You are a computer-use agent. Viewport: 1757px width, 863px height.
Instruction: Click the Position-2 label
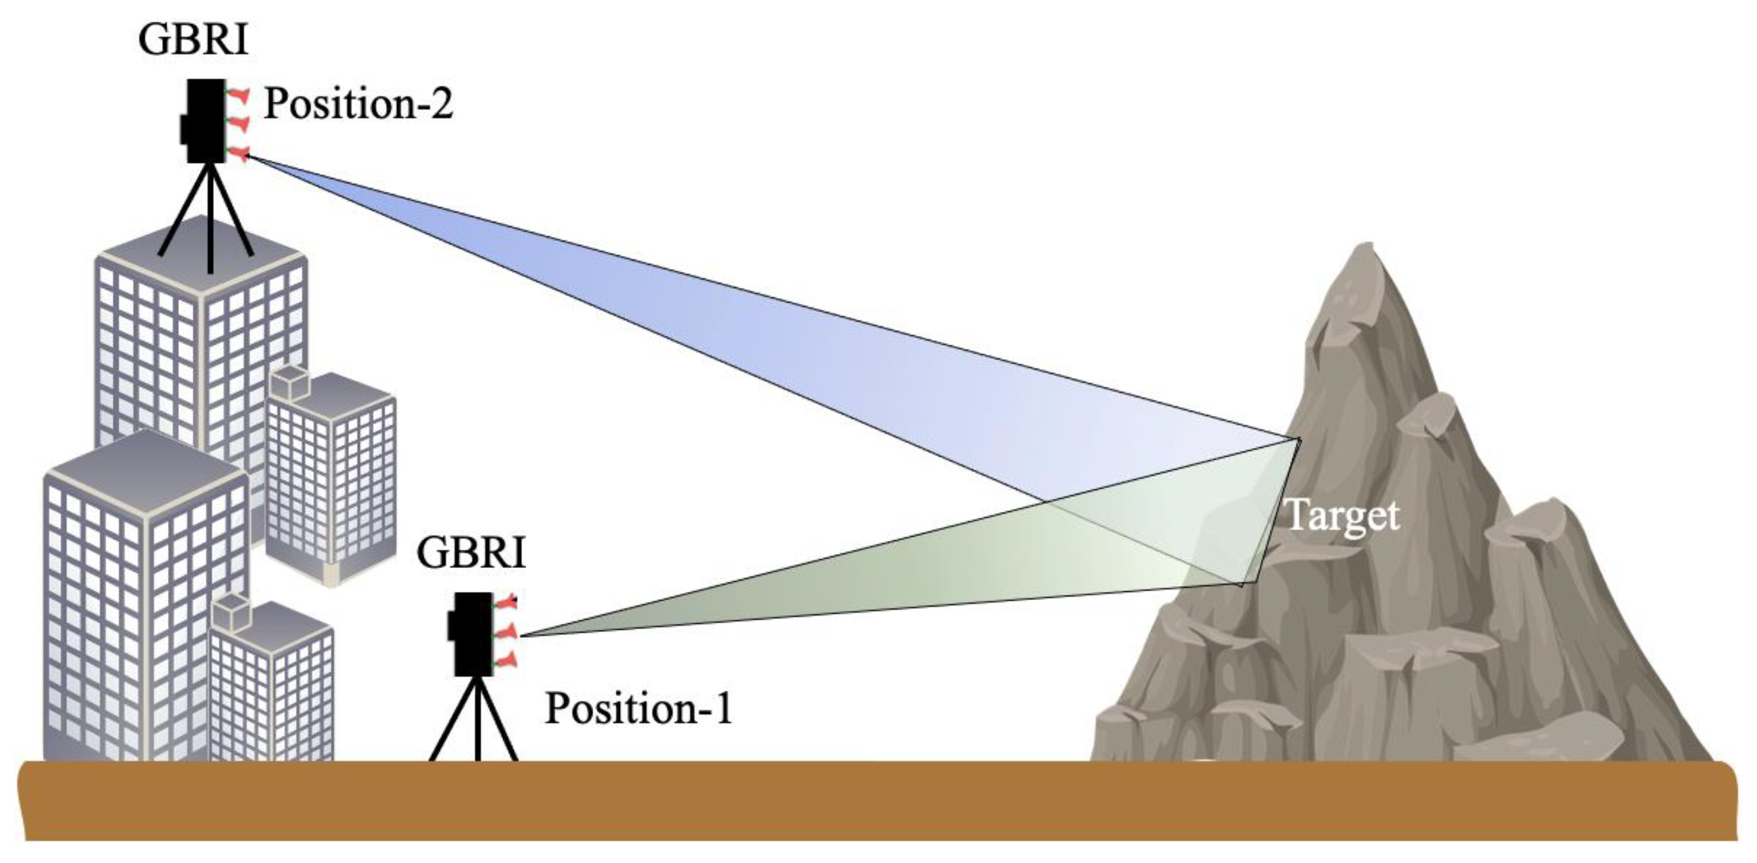click(x=358, y=104)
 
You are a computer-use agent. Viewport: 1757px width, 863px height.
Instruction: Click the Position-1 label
click(x=638, y=708)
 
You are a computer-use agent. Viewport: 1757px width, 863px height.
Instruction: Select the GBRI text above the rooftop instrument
click(x=192, y=40)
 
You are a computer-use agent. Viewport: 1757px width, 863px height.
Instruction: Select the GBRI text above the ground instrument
click(x=470, y=553)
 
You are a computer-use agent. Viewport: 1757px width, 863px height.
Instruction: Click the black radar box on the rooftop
click(x=205, y=121)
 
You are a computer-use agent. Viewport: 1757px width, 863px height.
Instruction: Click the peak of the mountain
click(x=1366, y=249)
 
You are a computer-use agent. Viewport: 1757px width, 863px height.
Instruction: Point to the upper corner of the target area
click(x=1299, y=438)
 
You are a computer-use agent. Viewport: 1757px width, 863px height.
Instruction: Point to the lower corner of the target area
click(x=1241, y=584)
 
